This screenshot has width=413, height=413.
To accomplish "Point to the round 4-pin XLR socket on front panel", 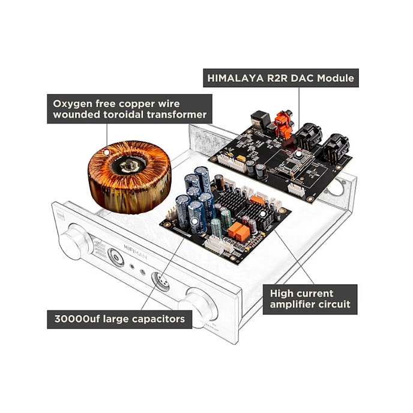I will [160, 281].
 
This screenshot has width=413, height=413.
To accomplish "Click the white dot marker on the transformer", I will [107, 152].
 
